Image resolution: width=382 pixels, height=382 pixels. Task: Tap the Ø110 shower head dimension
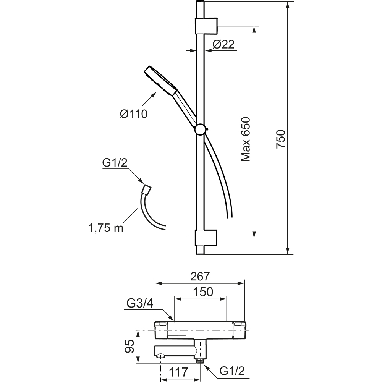pyautogui.click(x=133, y=114)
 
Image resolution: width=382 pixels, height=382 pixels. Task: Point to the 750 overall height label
pyautogui.click(x=281, y=139)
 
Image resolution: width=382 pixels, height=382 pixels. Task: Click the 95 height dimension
pyautogui.click(x=130, y=346)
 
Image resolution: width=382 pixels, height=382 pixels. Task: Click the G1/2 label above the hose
pyautogui.click(x=115, y=163)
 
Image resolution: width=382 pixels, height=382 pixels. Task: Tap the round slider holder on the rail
pyautogui.click(x=201, y=130)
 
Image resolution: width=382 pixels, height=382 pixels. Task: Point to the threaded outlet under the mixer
pyautogui.click(x=199, y=360)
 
